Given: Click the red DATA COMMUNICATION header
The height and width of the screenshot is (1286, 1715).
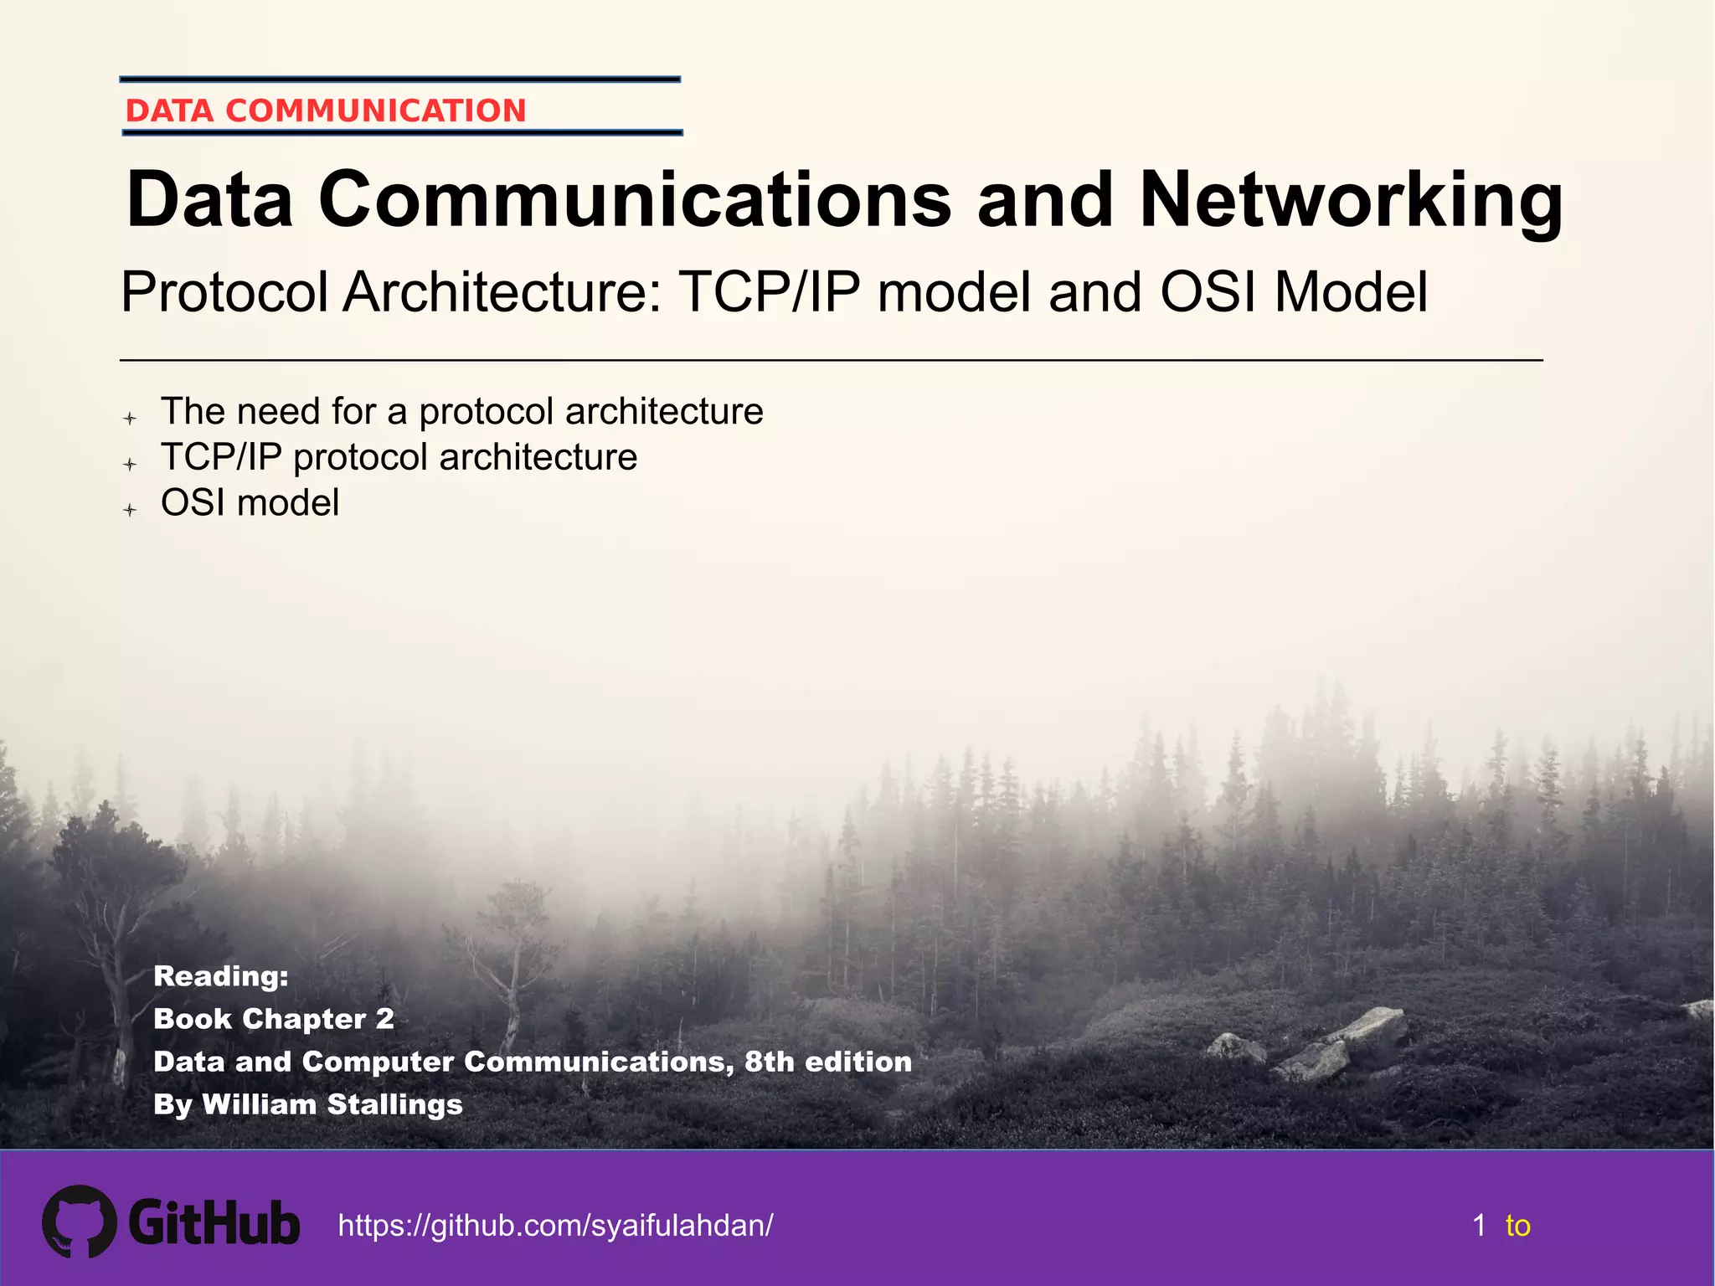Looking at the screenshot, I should pyautogui.click(x=325, y=111).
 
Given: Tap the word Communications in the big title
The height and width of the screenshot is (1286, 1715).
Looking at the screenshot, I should pyautogui.click(x=634, y=201).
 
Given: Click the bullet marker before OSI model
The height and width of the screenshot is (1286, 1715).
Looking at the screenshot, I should pyautogui.click(x=130, y=509).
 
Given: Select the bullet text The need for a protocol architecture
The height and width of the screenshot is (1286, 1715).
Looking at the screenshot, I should pyautogui.click(x=461, y=412).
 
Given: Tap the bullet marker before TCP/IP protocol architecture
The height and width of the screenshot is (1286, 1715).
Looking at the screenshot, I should pyautogui.click(x=130, y=464).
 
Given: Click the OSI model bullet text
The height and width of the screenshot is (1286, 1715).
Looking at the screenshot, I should pyautogui.click(x=250, y=503).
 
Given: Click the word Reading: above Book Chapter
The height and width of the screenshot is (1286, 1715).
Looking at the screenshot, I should pyautogui.click(x=221, y=976).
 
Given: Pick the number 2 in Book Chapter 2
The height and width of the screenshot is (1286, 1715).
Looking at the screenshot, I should pyautogui.click(x=384, y=1019).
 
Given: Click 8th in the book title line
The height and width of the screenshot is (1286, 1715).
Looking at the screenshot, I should pyautogui.click(x=769, y=1062).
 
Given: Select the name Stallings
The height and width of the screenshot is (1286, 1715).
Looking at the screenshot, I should pyautogui.click(x=394, y=1104).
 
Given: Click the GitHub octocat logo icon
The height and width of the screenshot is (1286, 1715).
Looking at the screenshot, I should pyautogui.click(x=79, y=1222).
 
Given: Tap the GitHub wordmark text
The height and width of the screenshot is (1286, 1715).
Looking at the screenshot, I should pyautogui.click(x=214, y=1223).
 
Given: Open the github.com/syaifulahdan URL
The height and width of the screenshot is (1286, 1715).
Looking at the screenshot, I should pyautogui.click(x=555, y=1226).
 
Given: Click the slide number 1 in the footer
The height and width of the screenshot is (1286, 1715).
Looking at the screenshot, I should pyautogui.click(x=1479, y=1226).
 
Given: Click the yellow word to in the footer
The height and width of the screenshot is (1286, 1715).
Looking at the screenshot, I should pyautogui.click(x=1517, y=1226).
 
